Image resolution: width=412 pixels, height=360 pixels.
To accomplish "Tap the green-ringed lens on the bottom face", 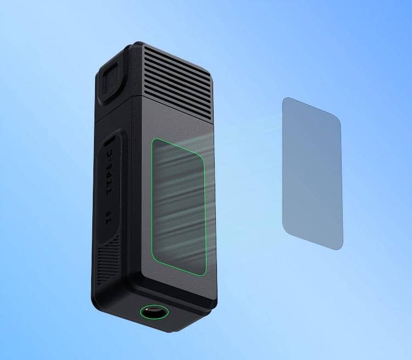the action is pyautogui.click(x=154, y=312).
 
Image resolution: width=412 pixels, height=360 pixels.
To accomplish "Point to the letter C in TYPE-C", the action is pyautogui.click(x=110, y=153).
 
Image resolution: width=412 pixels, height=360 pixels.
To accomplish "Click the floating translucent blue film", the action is pyautogui.click(x=313, y=173).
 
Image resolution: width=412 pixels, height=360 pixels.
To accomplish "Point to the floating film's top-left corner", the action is pyautogui.click(x=283, y=98).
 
